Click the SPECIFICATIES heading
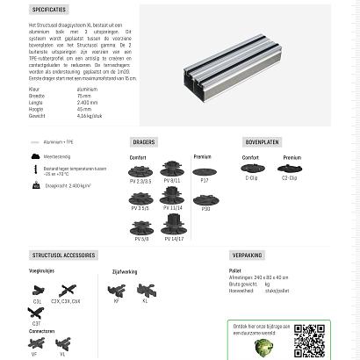click(x=49, y=10)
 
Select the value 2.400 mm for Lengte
click(x=87, y=103)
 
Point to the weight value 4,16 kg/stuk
click(x=89, y=116)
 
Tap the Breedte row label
click(x=36, y=96)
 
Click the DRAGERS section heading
click(x=144, y=141)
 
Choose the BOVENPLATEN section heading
click(x=262, y=141)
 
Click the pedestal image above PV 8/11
click(x=172, y=169)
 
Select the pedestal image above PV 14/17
click(x=173, y=226)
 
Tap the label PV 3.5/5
click(x=140, y=208)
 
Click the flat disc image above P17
click(x=205, y=171)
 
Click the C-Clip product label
click(x=251, y=178)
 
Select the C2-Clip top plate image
click(x=289, y=169)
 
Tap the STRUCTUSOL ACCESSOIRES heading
click(x=63, y=256)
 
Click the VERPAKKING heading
click(x=247, y=256)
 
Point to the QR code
click(x=309, y=341)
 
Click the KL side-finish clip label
click(x=146, y=301)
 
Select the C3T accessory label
click(x=37, y=323)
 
